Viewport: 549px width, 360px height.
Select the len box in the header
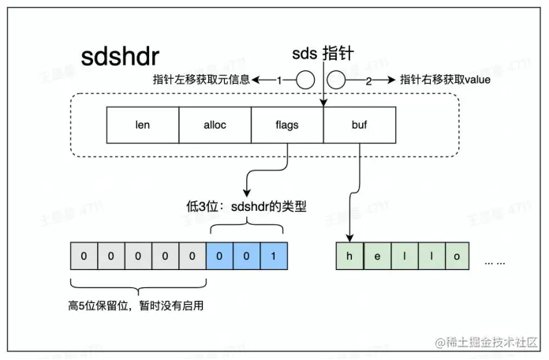[142, 126]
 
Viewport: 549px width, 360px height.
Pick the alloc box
[215, 126]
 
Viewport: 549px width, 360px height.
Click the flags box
[287, 126]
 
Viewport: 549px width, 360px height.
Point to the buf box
[360, 126]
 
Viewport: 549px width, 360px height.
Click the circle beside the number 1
[304, 80]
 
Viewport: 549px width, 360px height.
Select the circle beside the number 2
[337, 80]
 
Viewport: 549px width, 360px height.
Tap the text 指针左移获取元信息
[203, 81]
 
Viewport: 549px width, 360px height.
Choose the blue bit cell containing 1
[273, 257]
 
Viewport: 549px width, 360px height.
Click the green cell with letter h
[349, 257]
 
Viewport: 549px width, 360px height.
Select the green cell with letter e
[376, 257]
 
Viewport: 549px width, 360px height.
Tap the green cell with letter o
[457, 257]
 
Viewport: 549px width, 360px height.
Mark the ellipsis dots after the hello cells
[495, 259]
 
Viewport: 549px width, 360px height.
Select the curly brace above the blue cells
[246, 228]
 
